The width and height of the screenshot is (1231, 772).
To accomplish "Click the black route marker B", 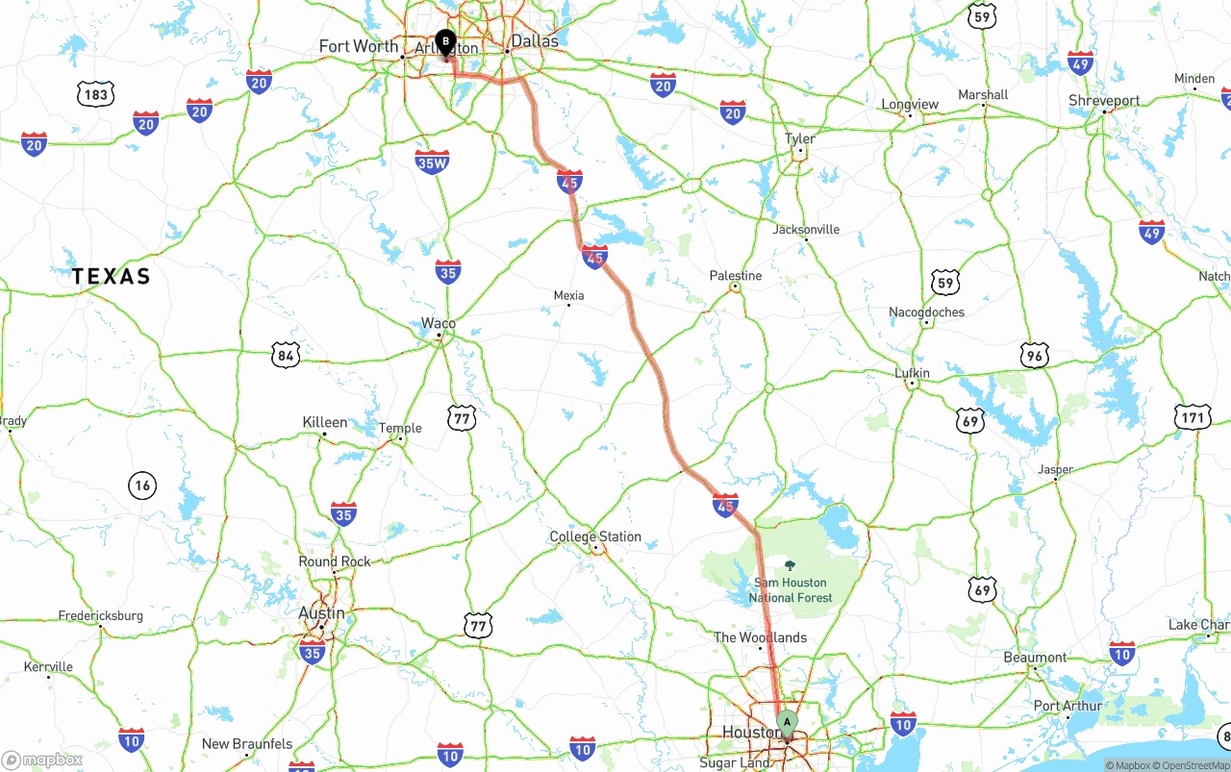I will coord(445,41).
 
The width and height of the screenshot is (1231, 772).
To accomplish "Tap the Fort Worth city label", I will coord(358,46).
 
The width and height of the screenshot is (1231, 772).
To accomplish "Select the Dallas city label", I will coord(535,41).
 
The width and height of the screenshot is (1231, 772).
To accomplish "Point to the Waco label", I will coord(439,324).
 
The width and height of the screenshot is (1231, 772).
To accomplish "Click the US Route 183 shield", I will coord(96,93).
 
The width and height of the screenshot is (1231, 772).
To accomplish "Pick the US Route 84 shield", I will coord(285,356).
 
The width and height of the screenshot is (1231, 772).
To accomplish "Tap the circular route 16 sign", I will coord(142,486).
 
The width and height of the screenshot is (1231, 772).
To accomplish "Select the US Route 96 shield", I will coord(1035,355).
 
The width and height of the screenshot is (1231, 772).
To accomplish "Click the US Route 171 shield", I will coord(1193,417).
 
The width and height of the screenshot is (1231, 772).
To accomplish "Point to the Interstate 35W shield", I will coord(433,162).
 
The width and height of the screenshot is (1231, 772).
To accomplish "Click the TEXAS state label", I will coord(112,277).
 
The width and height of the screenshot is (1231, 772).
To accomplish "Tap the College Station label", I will coord(595,536).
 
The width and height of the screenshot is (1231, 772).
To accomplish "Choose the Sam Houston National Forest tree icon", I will coord(791,565).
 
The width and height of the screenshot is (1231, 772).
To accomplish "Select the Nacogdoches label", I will coord(926,311).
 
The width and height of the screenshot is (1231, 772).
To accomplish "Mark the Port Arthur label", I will coord(1068,706).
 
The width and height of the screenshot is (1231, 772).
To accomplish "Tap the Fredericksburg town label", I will coord(101,615).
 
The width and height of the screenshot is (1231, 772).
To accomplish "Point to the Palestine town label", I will coord(736,276).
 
